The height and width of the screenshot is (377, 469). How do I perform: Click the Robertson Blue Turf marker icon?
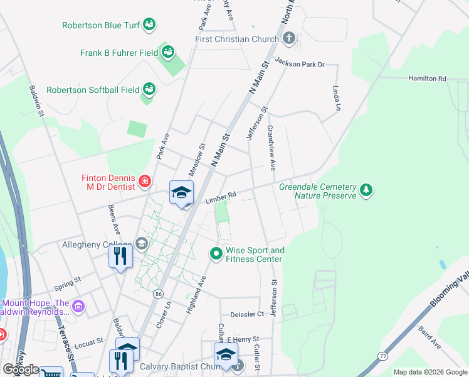tap(149, 25)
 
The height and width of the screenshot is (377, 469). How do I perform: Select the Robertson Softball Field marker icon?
tap(149, 89)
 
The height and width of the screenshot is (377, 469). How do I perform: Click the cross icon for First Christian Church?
tap(288, 39)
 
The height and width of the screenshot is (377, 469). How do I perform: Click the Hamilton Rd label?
tap(426, 79)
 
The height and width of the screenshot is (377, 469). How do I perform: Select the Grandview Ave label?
tap(271, 148)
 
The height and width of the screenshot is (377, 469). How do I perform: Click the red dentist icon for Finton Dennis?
tap(145, 182)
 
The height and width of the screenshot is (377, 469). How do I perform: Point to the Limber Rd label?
tap(220, 198)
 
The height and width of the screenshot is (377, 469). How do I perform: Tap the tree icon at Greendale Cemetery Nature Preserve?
tap(366, 188)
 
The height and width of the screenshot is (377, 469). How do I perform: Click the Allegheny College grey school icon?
tap(142, 244)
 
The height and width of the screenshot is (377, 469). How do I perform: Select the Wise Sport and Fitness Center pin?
tap(216, 254)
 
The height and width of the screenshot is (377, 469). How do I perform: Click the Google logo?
tap(21, 370)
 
